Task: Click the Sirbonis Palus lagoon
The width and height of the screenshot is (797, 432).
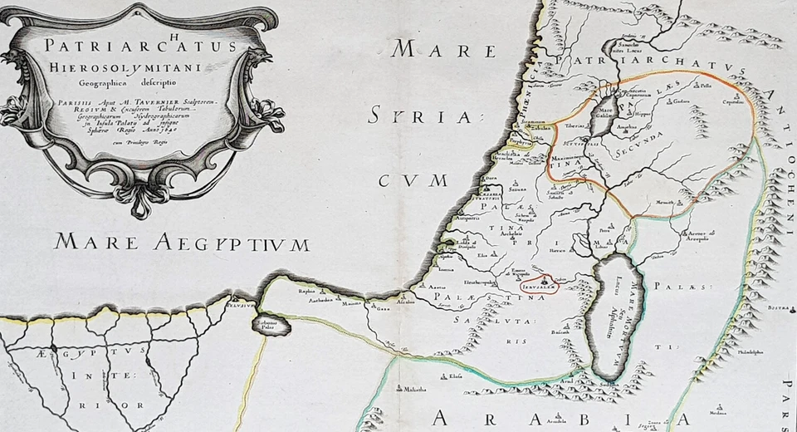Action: tap(271, 325)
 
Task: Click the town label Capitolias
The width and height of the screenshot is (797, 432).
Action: tap(732, 104)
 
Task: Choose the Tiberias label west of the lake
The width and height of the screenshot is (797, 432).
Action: tap(576, 125)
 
